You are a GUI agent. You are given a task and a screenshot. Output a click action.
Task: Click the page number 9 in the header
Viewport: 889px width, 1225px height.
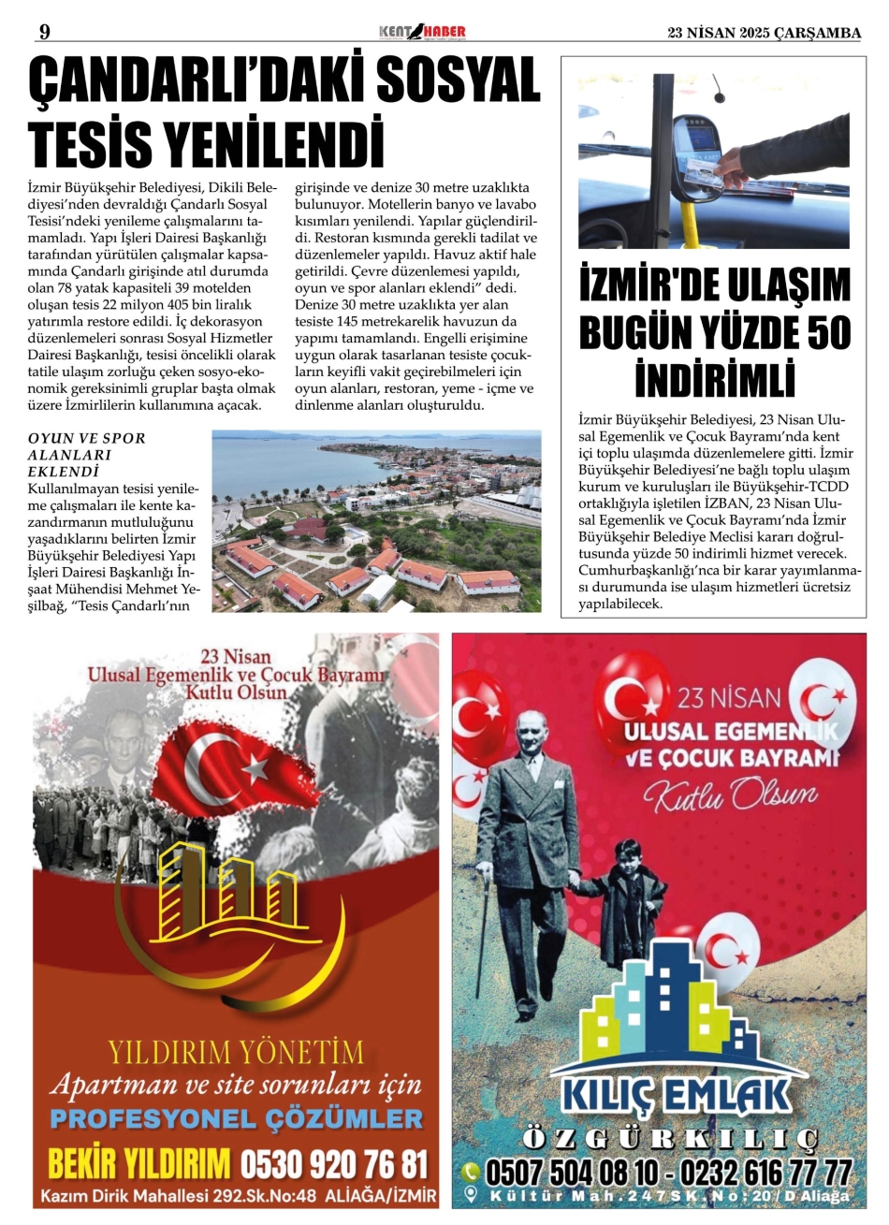pos(44,33)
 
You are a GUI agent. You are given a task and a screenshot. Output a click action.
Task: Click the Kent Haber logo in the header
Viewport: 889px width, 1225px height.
pos(422,33)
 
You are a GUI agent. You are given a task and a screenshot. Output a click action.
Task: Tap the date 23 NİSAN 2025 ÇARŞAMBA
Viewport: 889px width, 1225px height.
pos(764,33)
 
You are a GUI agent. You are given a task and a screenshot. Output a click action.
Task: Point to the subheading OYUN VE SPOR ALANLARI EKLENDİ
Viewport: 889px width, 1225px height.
pos(87,455)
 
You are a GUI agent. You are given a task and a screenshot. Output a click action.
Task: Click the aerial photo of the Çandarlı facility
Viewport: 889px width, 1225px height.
pos(376,520)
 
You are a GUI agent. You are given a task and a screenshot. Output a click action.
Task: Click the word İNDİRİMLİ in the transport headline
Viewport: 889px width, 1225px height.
pos(715,380)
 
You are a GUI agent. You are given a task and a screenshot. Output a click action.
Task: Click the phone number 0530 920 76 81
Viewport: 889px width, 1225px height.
pos(334,1165)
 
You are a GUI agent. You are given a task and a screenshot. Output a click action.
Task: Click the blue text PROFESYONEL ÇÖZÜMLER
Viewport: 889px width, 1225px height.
pos(236,1118)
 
